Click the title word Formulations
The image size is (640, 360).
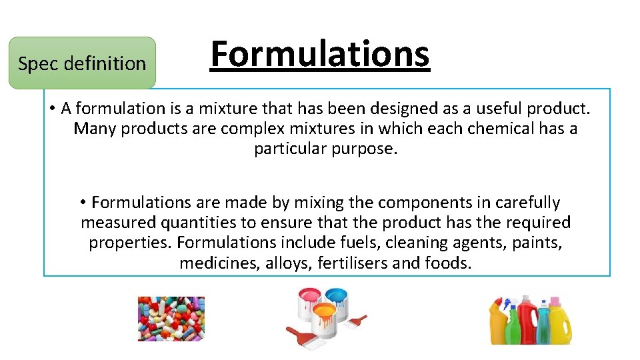320,54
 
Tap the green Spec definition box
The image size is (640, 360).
82,63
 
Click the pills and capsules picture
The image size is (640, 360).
171,319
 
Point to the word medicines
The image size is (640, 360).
220,263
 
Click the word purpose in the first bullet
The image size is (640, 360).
366,149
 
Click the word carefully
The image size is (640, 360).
520,202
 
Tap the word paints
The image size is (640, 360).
537,242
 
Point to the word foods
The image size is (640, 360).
447,263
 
